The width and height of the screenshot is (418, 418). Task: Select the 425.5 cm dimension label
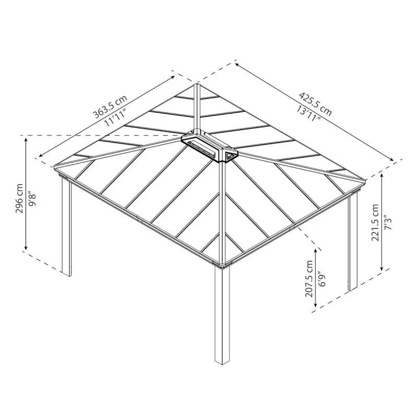316,103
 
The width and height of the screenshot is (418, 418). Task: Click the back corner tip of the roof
196,85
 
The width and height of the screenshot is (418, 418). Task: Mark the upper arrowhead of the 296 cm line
26,138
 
